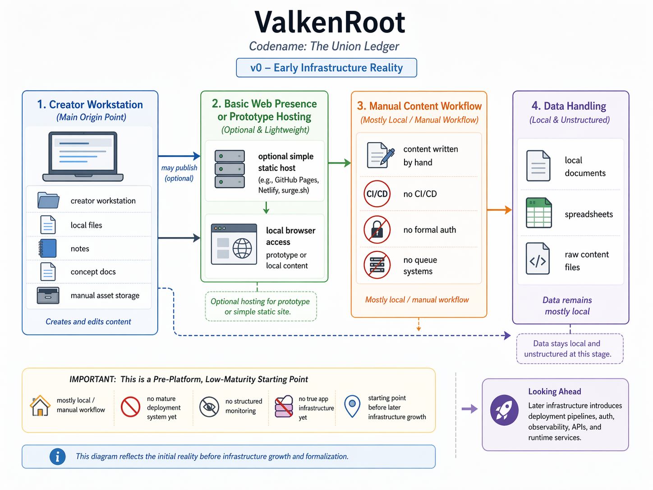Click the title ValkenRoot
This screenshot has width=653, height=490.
[x=330, y=22]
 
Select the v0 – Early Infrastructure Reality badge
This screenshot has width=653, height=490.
[x=326, y=68]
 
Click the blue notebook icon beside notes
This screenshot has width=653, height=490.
[x=48, y=248]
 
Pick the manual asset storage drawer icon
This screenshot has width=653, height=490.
[x=48, y=296]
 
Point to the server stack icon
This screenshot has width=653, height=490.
[x=230, y=169]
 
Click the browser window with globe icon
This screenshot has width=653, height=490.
[x=234, y=244]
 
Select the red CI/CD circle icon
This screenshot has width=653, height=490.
[x=377, y=194]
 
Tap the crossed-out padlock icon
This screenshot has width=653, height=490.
[x=377, y=230]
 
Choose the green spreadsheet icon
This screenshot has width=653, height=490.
[x=538, y=213]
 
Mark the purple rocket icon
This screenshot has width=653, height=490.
[x=504, y=410]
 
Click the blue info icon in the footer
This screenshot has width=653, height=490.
[x=57, y=457]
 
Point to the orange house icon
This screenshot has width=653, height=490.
[x=40, y=405]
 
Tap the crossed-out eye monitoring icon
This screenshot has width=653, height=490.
[x=209, y=407]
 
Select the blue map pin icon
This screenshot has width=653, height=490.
[x=352, y=406]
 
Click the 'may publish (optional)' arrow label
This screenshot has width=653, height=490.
[x=179, y=173]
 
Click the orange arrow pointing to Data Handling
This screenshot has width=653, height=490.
[x=499, y=210]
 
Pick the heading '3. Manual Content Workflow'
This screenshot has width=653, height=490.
[x=419, y=106]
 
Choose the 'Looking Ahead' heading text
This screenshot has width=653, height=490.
[x=554, y=392]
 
